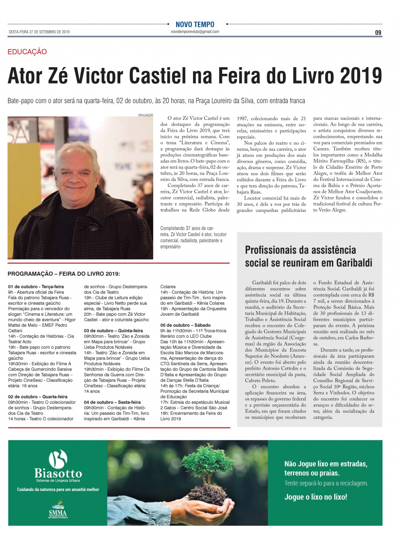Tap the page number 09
[x=378, y=32]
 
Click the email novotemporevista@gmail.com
[x=195, y=32]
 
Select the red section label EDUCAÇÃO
[x=27, y=52]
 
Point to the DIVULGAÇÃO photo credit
[x=146, y=115]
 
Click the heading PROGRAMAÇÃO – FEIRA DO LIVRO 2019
[x=64, y=274]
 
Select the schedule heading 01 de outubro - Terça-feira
[x=36, y=287]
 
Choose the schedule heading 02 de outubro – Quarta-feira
[x=38, y=397]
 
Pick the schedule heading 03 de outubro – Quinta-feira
[x=113, y=330]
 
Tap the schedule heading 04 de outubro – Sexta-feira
[x=112, y=402]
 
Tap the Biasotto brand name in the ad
[x=58, y=473]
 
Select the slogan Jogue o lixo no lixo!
[x=315, y=497]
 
